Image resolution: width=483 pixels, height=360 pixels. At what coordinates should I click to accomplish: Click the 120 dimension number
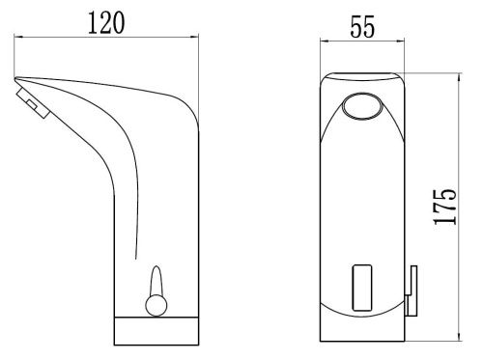pos(106,23)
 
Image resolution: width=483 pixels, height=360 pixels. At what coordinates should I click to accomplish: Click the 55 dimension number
pos(362,27)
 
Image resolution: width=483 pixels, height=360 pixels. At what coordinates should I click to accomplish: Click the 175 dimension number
pos(445,207)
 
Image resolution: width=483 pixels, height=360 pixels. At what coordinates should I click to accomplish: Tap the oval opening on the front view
pos(362,106)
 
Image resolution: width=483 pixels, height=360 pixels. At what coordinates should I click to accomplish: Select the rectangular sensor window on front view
pos(362,288)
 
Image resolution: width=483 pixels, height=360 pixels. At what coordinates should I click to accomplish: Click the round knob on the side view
pos(156,305)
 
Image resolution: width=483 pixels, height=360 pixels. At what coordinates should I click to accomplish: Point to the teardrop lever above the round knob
pos(156,280)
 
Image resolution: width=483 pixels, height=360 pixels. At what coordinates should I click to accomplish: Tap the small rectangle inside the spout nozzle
pos(33,104)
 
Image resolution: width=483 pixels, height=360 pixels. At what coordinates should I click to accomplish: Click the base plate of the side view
pos(156,331)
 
